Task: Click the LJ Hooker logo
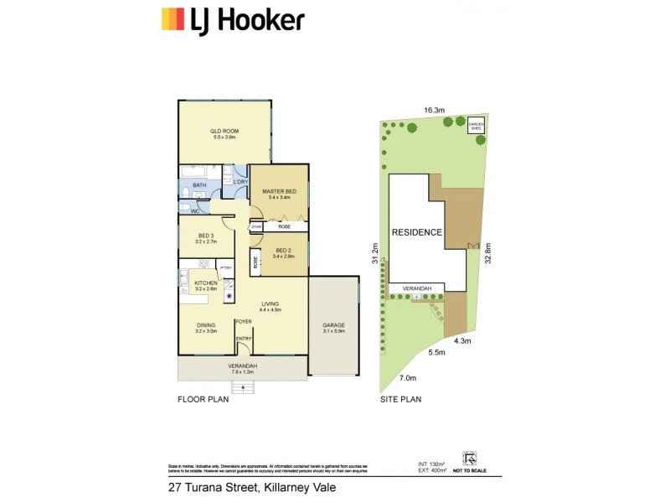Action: coord(232,19)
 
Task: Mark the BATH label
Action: coord(199,185)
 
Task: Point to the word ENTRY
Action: coord(244,339)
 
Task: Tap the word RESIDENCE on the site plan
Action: coord(416,232)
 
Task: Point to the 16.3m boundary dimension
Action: coord(433,110)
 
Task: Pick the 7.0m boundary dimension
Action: coord(407,379)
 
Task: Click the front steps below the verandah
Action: coord(243,386)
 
